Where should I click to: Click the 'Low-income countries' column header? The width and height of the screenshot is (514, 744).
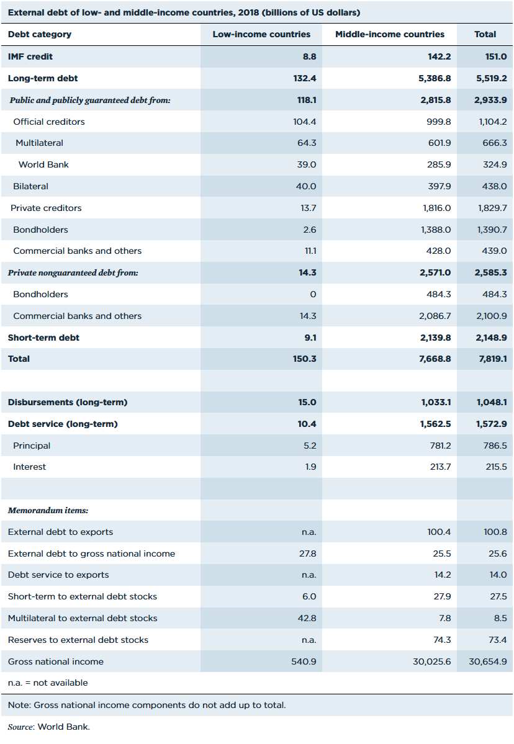click(261, 34)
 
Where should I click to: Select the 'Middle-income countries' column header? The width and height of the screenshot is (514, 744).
click(390, 34)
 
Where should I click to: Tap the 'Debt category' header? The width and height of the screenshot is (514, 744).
click(39, 34)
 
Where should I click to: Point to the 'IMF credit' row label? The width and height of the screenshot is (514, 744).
click(30, 56)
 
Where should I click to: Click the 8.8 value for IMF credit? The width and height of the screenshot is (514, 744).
click(309, 56)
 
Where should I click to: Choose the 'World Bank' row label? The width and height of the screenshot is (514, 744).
click(43, 164)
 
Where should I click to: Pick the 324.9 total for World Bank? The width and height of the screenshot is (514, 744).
click(494, 164)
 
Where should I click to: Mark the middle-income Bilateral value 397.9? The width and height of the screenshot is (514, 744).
click(438, 186)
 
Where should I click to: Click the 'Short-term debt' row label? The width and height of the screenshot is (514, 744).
click(43, 338)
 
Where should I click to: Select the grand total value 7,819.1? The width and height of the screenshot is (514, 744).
click(492, 359)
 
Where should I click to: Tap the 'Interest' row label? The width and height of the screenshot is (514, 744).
click(29, 467)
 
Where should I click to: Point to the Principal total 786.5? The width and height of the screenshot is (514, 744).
click(495, 446)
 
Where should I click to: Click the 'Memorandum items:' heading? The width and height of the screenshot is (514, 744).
click(48, 510)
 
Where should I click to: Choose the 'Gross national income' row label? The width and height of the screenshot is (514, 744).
click(56, 661)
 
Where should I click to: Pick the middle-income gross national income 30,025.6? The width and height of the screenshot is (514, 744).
click(432, 661)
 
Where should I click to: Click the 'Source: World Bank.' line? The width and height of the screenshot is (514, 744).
click(48, 727)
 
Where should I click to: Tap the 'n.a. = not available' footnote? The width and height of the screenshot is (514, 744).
click(48, 683)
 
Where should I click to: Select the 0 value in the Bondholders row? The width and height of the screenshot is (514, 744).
click(313, 294)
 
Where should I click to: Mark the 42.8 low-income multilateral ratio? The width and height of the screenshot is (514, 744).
click(307, 618)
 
